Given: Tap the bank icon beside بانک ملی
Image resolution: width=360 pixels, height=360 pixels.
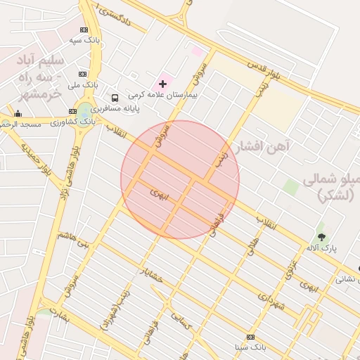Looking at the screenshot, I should [83, 74].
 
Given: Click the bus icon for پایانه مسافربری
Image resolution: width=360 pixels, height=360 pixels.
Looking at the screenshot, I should [115, 98].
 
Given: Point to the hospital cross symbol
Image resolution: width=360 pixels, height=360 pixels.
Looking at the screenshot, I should [163, 84].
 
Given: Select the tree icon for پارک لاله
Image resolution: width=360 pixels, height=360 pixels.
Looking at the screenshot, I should [322, 237].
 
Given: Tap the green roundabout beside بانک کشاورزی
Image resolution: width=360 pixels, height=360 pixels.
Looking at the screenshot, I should [84, 110].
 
